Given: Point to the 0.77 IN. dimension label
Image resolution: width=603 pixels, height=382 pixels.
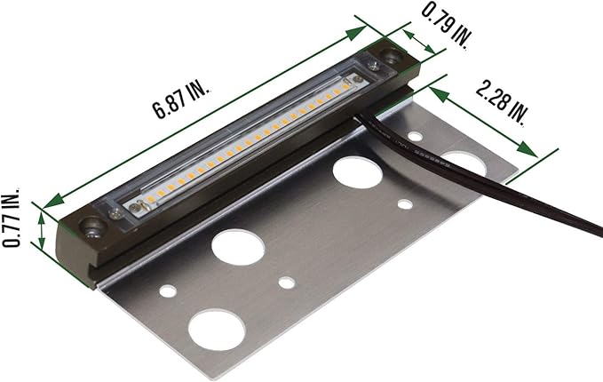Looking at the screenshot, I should click(12, 218).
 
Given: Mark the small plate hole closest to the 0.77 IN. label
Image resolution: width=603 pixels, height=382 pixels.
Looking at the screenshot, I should click(166, 290).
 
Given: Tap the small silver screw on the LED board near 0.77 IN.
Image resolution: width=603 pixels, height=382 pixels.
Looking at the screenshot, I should click(135, 207).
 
